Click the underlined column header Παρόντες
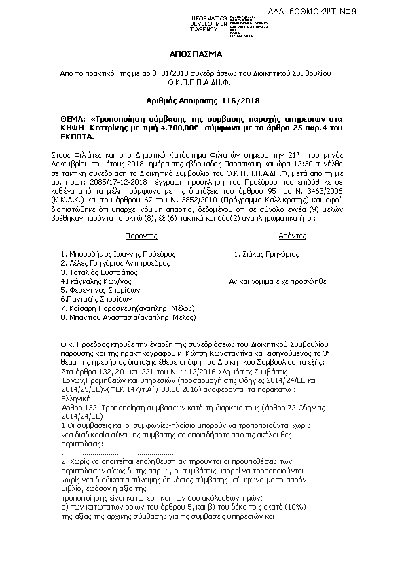pyautogui.click(x=141, y=235)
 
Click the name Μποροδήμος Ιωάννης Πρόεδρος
pyautogui.click(x=118, y=253)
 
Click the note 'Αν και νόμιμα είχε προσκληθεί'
pyautogui.click(x=278, y=280)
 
